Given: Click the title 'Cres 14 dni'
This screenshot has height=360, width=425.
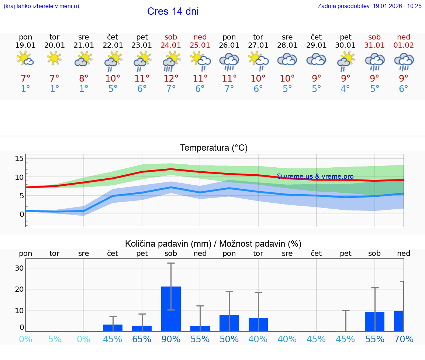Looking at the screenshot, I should point(173,11).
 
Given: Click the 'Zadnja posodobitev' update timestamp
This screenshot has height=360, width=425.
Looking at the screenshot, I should point(369,6).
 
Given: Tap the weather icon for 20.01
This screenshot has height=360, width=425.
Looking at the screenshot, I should point(55,58).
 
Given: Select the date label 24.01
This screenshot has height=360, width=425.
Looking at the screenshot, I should point(171,45).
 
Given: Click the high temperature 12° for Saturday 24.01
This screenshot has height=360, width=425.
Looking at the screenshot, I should point(171,78).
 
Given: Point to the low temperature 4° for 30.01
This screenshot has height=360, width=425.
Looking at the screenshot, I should point(345,89).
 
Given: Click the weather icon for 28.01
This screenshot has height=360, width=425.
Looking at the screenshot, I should point(287,59).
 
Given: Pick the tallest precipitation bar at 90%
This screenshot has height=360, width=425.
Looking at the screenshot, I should point(171,309).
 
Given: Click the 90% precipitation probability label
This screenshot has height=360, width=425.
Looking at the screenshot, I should point(171,339).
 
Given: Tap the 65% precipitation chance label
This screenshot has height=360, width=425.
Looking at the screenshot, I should point(142,339).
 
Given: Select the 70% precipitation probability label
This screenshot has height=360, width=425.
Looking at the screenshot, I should point(404,339).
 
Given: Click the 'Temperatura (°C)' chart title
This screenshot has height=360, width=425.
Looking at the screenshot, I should point(214,148).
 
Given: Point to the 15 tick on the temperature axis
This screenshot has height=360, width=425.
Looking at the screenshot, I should point(19,158).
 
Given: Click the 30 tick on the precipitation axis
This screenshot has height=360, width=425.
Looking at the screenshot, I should point(19,268).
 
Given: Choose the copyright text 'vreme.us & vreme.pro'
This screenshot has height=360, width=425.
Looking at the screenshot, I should point(315,176).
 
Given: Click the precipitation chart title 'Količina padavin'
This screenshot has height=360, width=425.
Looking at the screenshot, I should point(213,244).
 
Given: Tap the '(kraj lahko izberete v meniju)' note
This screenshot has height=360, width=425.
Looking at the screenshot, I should point(41,6).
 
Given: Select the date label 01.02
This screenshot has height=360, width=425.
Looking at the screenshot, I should point(404,45).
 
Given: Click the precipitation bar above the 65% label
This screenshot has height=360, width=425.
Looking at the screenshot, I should point(142,328).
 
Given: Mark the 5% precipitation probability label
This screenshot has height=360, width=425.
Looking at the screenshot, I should point(55,339).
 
